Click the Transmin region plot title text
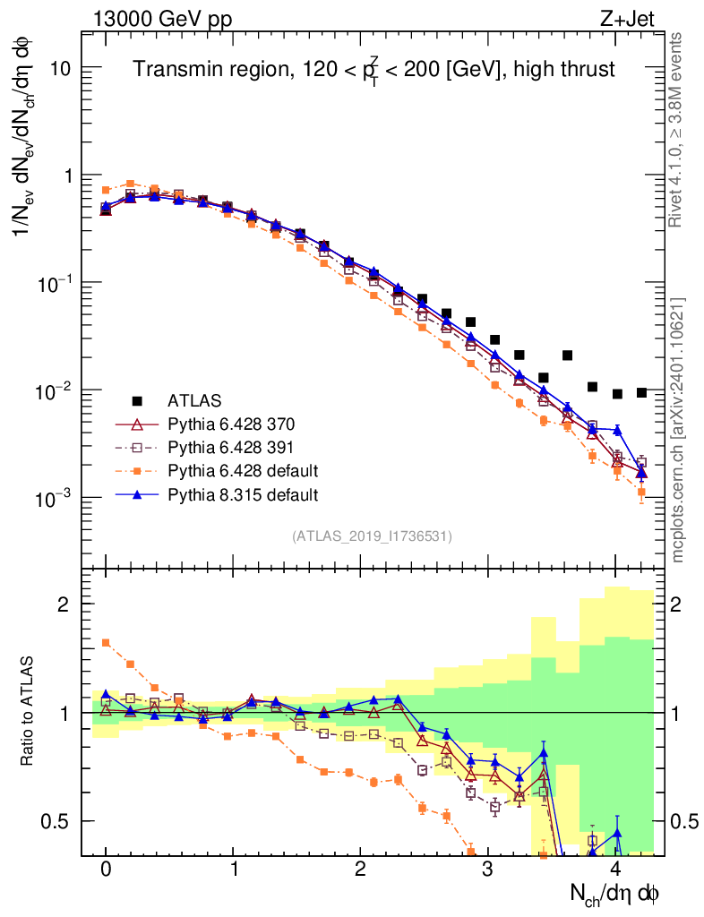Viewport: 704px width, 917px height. [x=374, y=70]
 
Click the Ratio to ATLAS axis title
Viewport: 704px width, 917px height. [x=29, y=712]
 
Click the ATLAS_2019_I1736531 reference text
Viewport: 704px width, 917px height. [x=372, y=536]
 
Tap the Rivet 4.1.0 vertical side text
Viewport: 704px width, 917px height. [x=678, y=130]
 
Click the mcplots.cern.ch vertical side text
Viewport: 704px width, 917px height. [x=678, y=430]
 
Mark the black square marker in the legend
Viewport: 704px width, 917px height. [x=137, y=400]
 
